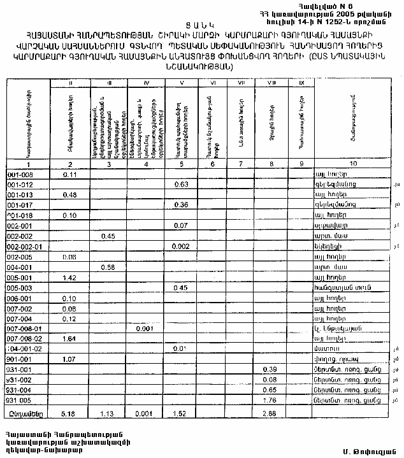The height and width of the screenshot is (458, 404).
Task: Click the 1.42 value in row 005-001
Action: tap(69, 278)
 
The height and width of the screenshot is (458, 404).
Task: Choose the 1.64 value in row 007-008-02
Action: tap(69, 339)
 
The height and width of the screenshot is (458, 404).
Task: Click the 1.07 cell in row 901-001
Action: tap(69, 359)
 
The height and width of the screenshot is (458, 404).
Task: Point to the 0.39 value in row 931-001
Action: tap(270, 369)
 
